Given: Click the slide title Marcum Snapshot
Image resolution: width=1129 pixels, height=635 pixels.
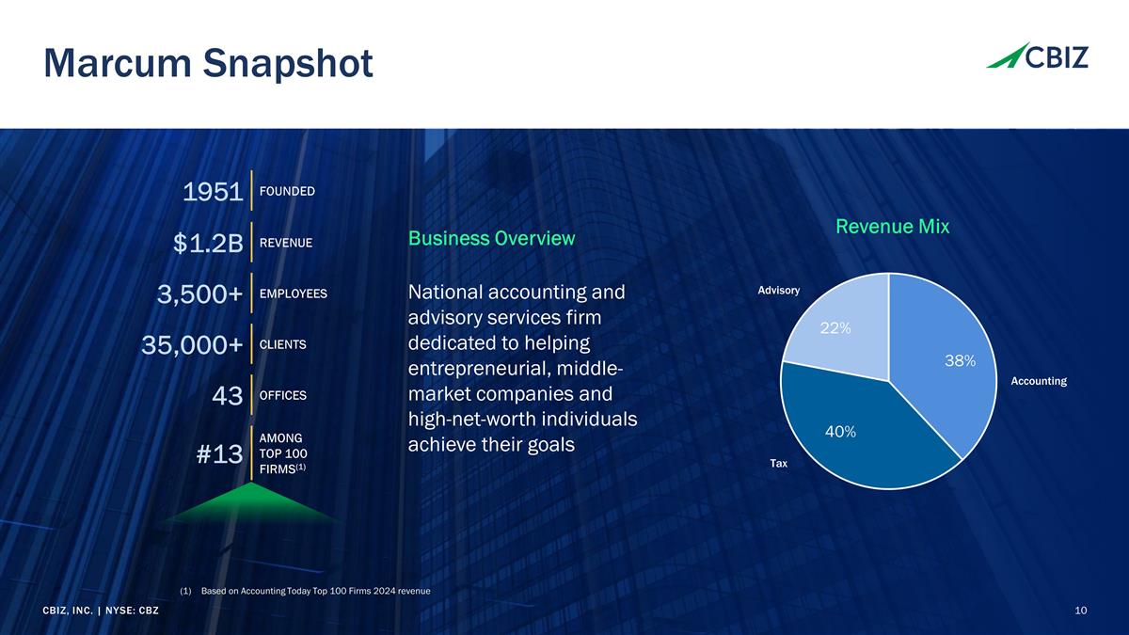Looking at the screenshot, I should click(x=208, y=64).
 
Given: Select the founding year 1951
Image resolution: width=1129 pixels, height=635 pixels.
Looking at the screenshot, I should click(x=213, y=193).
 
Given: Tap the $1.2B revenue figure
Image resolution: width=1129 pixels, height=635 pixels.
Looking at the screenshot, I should click(x=208, y=245).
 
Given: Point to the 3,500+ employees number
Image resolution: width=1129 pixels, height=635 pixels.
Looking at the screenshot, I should click(x=199, y=295).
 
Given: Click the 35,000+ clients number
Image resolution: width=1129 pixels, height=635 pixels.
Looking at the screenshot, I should click(x=192, y=345).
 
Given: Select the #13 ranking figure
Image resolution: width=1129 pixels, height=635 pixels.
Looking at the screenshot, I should click(x=220, y=455).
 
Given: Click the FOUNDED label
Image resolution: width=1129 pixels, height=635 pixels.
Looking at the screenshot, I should click(x=287, y=192).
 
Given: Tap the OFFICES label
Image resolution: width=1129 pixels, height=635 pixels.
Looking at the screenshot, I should click(x=282, y=395).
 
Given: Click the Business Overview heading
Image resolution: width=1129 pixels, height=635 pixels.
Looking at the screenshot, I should click(x=491, y=239).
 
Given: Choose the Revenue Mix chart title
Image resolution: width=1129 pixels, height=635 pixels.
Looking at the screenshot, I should click(x=892, y=227).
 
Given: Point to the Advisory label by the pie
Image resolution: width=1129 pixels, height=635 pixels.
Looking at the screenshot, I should click(x=778, y=290).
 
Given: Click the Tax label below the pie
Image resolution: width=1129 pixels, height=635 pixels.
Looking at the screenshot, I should click(x=778, y=464).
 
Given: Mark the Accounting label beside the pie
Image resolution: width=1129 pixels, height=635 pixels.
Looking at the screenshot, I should click(x=1038, y=381).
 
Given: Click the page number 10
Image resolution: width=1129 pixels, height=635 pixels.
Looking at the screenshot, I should click(x=1080, y=611).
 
